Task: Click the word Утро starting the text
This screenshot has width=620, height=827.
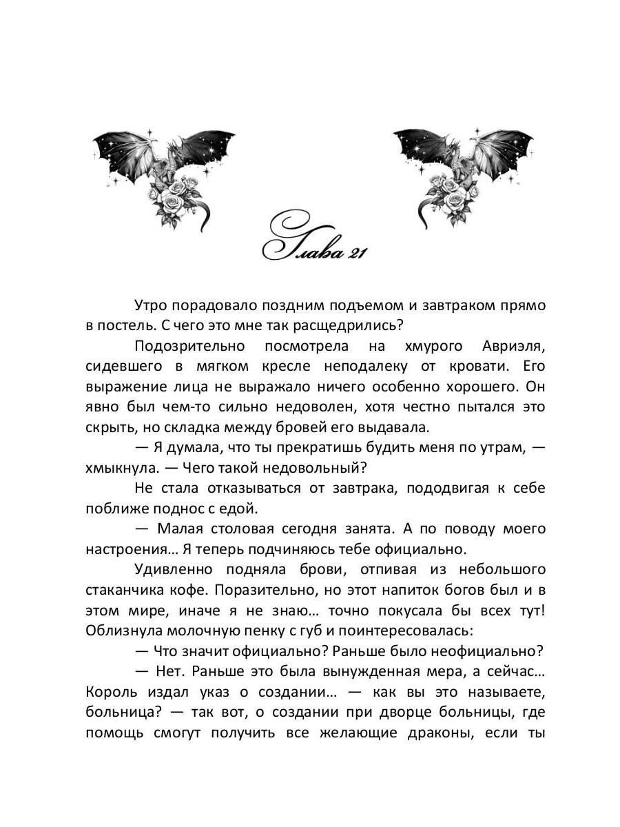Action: [x=152, y=305]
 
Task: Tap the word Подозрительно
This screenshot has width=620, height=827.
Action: [x=184, y=345]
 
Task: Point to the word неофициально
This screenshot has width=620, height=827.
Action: [x=489, y=651]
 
